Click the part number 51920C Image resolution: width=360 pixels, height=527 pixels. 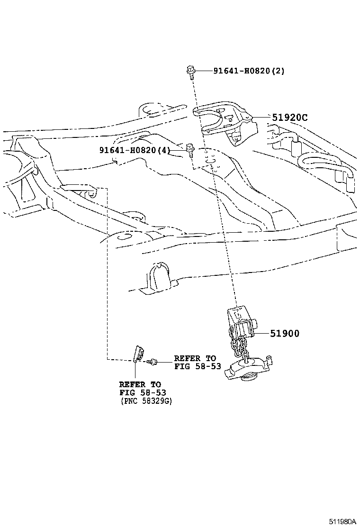(x=289, y=118)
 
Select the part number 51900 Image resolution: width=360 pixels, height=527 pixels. (x=285, y=334)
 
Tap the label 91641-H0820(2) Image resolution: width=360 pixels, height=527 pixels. (x=249, y=71)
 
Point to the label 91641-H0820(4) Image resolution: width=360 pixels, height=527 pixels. (x=135, y=150)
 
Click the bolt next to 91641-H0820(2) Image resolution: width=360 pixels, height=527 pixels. (x=190, y=72)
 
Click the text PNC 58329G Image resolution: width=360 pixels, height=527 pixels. (x=146, y=401)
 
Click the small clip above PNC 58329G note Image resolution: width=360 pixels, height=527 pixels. (x=138, y=354)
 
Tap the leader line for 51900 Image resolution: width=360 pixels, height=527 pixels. (x=262, y=334)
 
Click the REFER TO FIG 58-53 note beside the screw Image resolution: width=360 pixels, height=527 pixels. (x=198, y=362)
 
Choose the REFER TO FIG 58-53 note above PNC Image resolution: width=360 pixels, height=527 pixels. (x=143, y=389)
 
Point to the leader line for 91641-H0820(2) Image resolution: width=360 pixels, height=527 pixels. (x=204, y=71)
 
